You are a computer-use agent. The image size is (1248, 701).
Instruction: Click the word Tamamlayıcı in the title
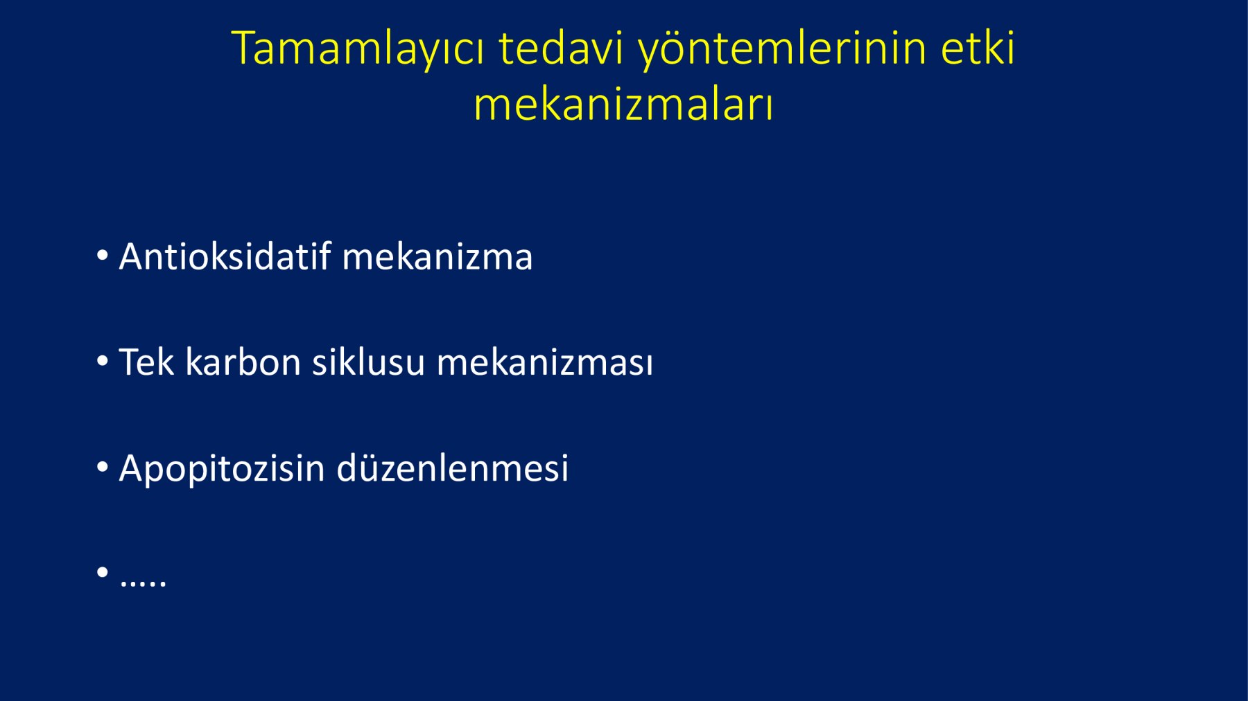[358, 49]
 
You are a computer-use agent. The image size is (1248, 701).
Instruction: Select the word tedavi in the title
[561, 48]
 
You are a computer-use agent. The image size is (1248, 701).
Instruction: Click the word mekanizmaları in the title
[623, 105]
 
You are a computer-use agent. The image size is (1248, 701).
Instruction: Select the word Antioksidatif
[225, 256]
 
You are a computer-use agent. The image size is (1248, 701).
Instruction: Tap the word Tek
[146, 362]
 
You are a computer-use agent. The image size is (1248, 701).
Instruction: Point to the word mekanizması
[545, 362]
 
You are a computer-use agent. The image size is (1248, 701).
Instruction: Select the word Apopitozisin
[222, 469]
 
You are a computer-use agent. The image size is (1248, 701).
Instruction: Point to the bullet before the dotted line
[103, 572]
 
